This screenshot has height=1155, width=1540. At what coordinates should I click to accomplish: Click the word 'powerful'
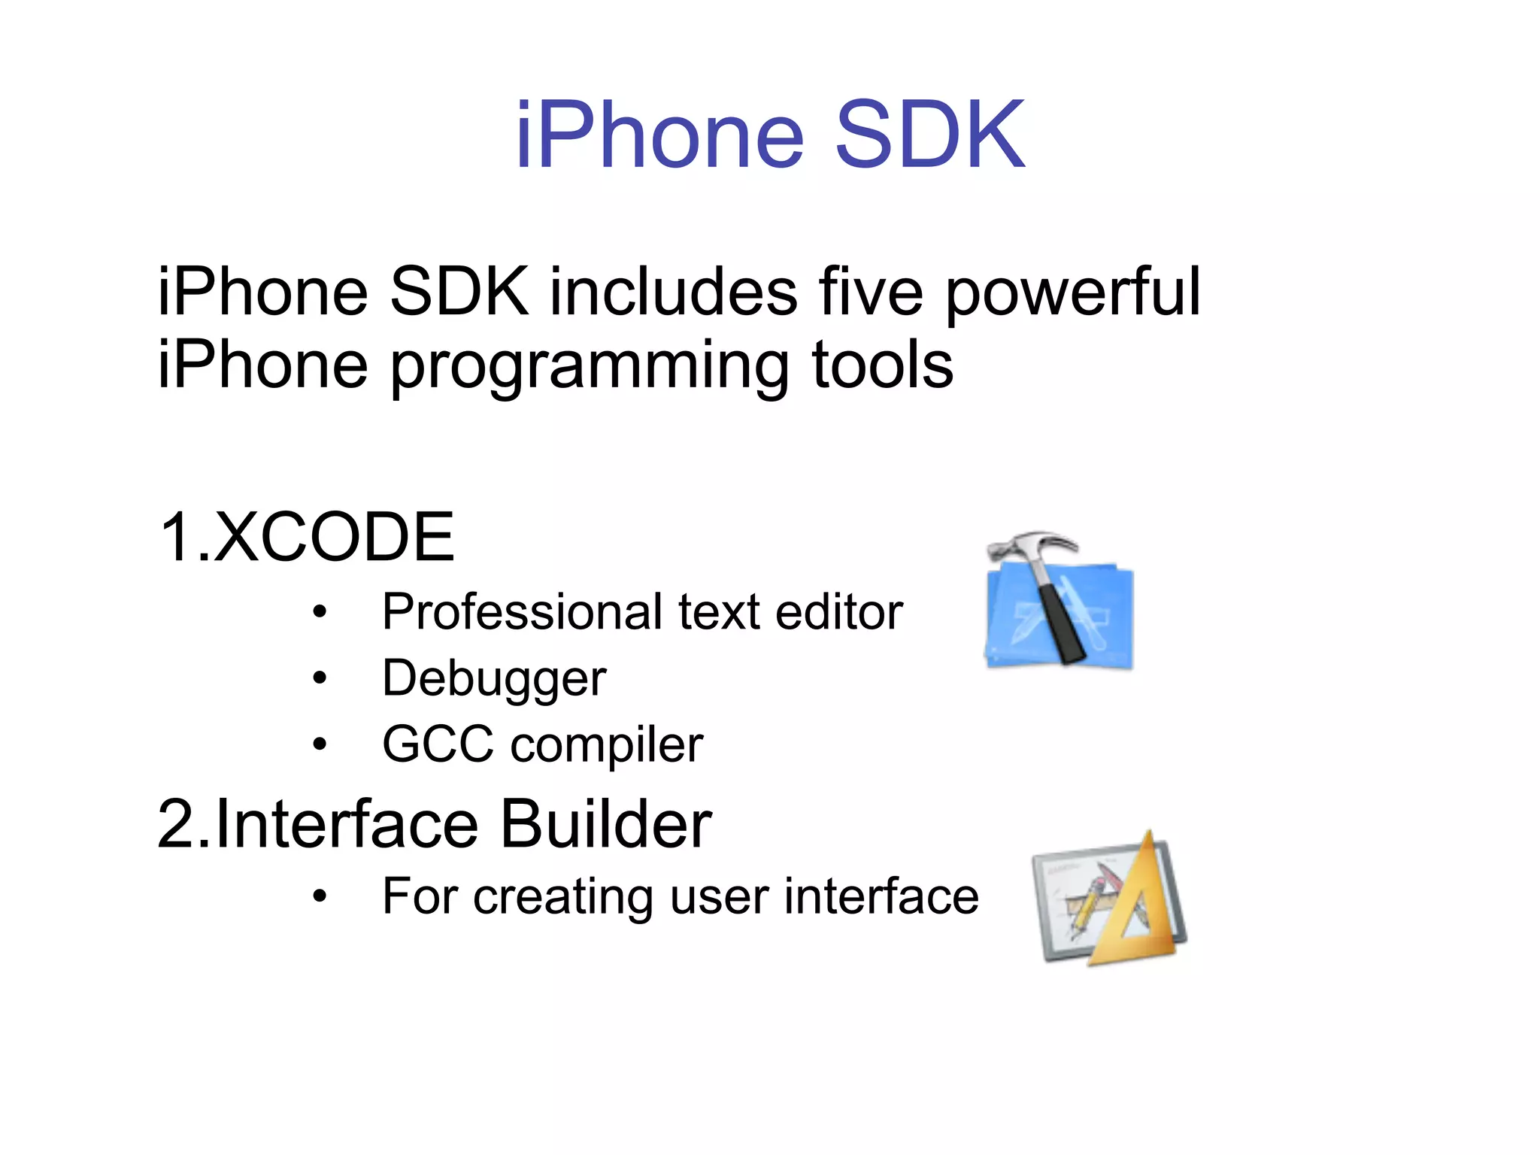(x=1073, y=293)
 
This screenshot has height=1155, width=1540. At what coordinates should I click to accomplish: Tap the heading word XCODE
(x=335, y=537)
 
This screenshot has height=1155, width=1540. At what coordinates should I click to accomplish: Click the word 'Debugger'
(x=494, y=679)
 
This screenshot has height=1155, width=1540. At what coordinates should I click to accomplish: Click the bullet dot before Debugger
(x=320, y=679)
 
